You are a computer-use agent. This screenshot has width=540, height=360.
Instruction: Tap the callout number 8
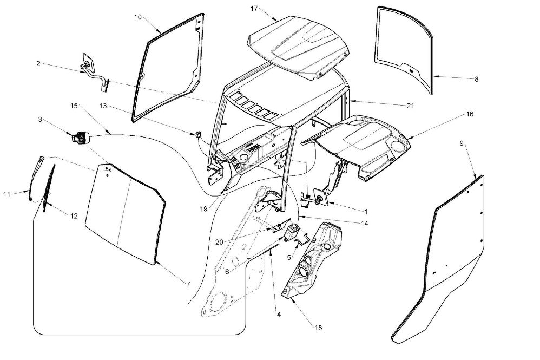[x=476, y=79]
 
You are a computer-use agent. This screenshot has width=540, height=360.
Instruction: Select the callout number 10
[x=138, y=17]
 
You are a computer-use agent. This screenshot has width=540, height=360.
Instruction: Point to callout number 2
[x=38, y=63]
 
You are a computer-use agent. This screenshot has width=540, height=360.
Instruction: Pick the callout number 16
[x=470, y=115]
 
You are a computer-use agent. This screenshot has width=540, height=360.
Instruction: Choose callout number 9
[x=462, y=143]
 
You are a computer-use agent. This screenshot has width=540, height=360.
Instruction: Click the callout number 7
[x=188, y=284]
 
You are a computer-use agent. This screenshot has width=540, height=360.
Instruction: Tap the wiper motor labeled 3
[x=80, y=138]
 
